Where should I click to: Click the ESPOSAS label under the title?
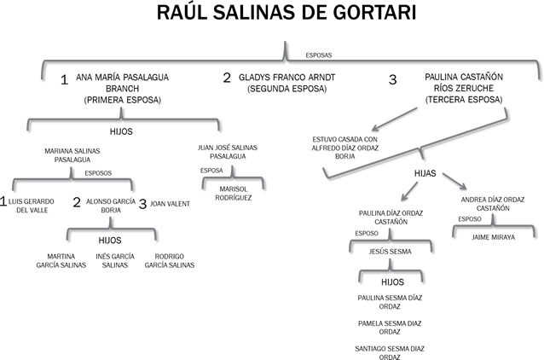(x=319, y=55)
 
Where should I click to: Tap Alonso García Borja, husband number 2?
(x=112, y=206)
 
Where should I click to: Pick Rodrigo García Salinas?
(x=169, y=260)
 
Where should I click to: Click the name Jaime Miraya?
(x=494, y=237)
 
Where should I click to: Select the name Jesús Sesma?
(x=391, y=252)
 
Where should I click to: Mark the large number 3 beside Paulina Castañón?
(x=393, y=80)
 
